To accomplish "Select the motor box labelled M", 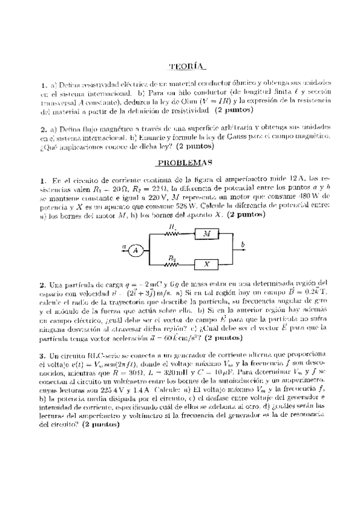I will click(x=207, y=233).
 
